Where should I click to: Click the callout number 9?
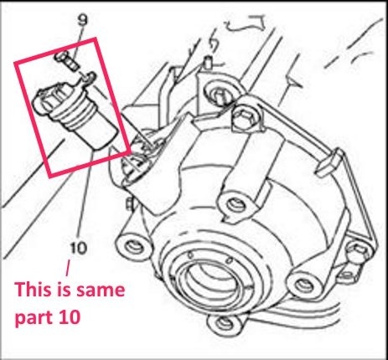[x=82, y=20]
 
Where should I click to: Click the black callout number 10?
[x=79, y=248]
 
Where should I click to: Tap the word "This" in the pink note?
[x=32, y=290]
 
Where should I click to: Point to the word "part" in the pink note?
[x=34, y=317]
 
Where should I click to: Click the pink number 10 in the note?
[x=70, y=316]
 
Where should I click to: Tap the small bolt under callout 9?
[x=67, y=60]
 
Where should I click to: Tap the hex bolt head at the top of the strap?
[x=244, y=116]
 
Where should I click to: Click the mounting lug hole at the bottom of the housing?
[x=225, y=323]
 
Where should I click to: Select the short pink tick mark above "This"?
[x=68, y=269]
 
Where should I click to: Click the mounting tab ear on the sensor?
[x=88, y=78]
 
